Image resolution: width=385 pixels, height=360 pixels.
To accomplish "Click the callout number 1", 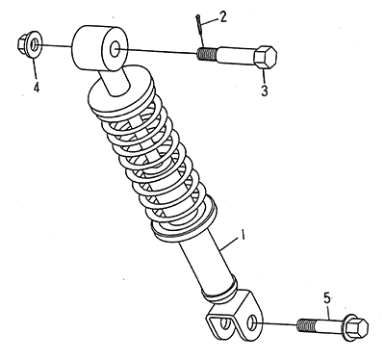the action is click(x=244, y=235).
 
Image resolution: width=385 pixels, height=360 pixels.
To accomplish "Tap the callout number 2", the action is click(x=222, y=16).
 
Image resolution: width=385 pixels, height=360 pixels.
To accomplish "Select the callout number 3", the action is click(x=264, y=90).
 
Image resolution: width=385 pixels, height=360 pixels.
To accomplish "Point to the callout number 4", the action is click(x=37, y=87).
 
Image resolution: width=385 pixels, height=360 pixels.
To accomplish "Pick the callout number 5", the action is click(x=326, y=298).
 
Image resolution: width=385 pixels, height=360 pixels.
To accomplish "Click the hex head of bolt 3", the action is click(x=265, y=57).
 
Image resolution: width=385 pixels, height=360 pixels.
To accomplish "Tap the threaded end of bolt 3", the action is click(x=207, y=54).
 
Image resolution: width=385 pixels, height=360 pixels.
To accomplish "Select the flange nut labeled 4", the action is click(x=29, y=44).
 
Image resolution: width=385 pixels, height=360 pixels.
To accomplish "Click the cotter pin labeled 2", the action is click(x=200, y=31).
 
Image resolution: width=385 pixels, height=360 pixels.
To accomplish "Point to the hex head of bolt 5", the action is click(x=356, y=326).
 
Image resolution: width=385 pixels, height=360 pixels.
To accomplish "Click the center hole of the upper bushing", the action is click(x=115, y=50).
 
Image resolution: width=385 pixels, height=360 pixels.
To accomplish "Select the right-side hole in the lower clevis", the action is click(x=253, y=322).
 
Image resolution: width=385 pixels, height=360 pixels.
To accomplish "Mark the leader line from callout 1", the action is click(x=230, y=244).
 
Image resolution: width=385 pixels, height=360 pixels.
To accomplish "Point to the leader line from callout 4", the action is click(x=34, y=70).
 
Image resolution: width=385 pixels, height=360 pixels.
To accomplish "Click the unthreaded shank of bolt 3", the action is click(x=236, y=56).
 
